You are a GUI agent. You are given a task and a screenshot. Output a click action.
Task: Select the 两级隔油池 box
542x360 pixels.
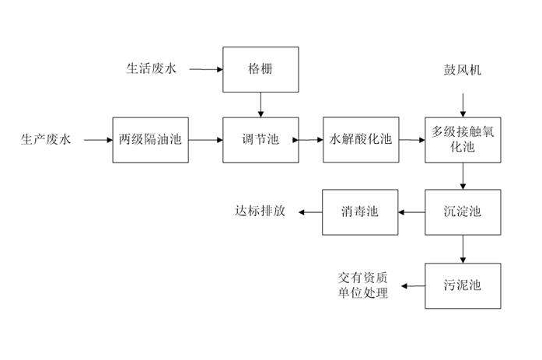click(150, 140)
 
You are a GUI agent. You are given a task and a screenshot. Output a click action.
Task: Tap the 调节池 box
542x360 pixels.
click(261, 140)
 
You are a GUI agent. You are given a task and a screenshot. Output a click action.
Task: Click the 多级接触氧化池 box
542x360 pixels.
click(463, 140)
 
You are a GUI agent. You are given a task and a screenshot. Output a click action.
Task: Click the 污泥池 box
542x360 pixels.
click(463, 285)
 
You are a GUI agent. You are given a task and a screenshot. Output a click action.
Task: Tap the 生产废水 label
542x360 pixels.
click(45, 140)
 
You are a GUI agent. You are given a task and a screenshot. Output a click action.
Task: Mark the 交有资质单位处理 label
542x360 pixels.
click(362, 285)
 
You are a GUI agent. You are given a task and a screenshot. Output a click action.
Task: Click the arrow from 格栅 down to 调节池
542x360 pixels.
click(261, 105)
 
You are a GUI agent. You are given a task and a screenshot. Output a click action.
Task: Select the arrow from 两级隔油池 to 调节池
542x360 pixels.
click(205, 140)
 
